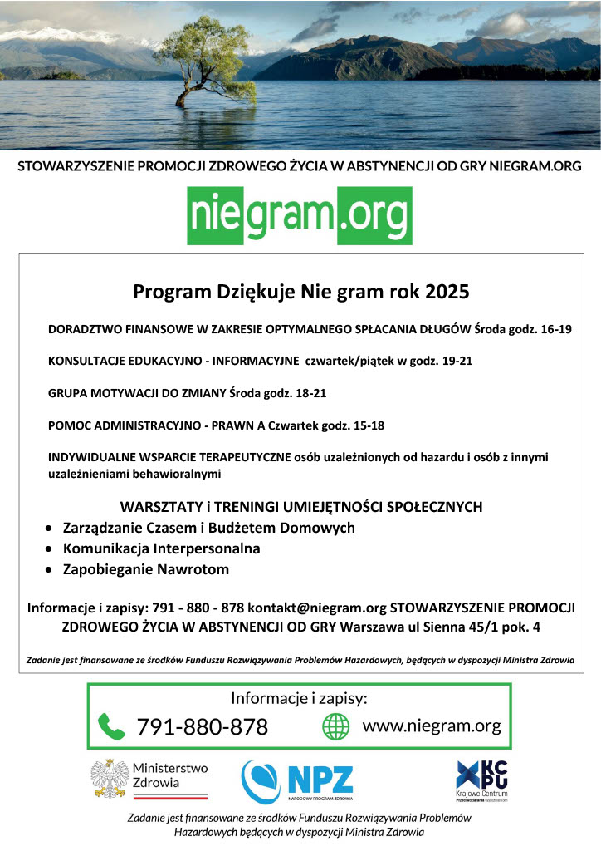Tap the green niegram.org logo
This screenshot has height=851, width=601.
pyautogui.click(x=300, y=214)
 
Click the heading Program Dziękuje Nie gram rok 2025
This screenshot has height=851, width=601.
pyautogui.click(x=301, y=292)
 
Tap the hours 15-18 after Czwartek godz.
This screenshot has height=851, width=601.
pyautogui.click(x=365, y=425)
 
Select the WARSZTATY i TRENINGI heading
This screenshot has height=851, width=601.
pyautogui.click(x=301, y=506)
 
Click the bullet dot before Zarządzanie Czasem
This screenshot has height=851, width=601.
pyautogui.click(x=52, y=529)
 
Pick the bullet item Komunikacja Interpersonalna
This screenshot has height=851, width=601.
pyautogui.click(x=162, y=548)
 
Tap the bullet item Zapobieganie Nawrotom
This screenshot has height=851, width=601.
pyautogui.click(x=146, y=569)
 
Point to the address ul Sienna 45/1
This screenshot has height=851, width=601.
pyautogui.click(x=443, y=627)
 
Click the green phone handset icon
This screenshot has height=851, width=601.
pyautogui.click(x=111, y=726)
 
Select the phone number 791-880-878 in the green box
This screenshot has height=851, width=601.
pyautogui.click(x=203, y=727)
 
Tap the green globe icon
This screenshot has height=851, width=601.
pyautogui.click(x=336, y=726)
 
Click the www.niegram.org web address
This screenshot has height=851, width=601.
pyautogui.click(x=432, y=726)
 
